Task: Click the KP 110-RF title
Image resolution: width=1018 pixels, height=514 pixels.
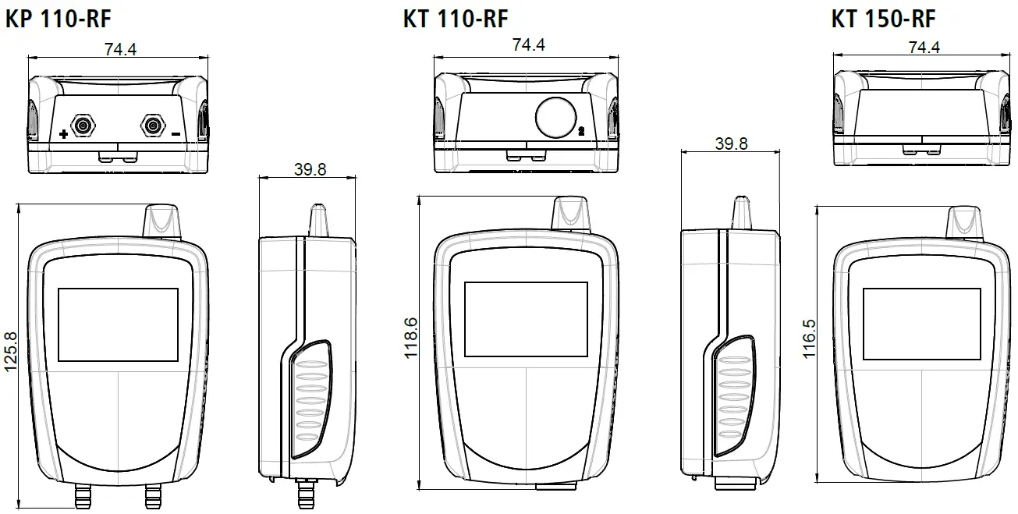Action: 59,19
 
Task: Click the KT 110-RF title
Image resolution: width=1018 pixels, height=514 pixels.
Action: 456,19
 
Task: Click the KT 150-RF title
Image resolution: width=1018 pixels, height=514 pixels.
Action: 883,19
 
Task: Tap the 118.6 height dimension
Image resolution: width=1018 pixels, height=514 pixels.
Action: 411,338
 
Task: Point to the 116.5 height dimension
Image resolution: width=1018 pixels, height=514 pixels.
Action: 810,338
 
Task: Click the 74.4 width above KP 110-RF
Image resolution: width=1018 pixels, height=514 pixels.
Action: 120,49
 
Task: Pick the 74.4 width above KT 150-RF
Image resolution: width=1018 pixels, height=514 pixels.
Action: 924,48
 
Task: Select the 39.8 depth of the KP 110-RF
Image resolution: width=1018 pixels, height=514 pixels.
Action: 310,170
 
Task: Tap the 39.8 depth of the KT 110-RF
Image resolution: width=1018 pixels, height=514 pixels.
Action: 732,144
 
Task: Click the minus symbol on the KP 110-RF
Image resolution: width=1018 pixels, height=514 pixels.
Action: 176,134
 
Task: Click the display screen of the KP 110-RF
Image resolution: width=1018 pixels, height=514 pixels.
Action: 118,324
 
